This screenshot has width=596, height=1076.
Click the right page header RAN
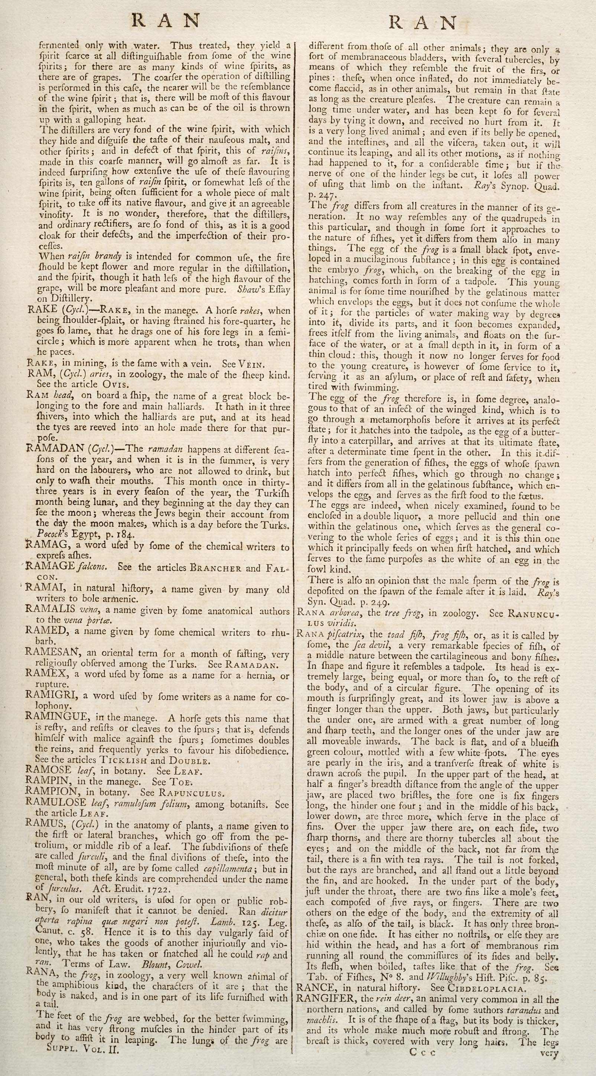click(x=423, y=23)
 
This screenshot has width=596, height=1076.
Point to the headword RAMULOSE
click(x=55, y=802)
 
